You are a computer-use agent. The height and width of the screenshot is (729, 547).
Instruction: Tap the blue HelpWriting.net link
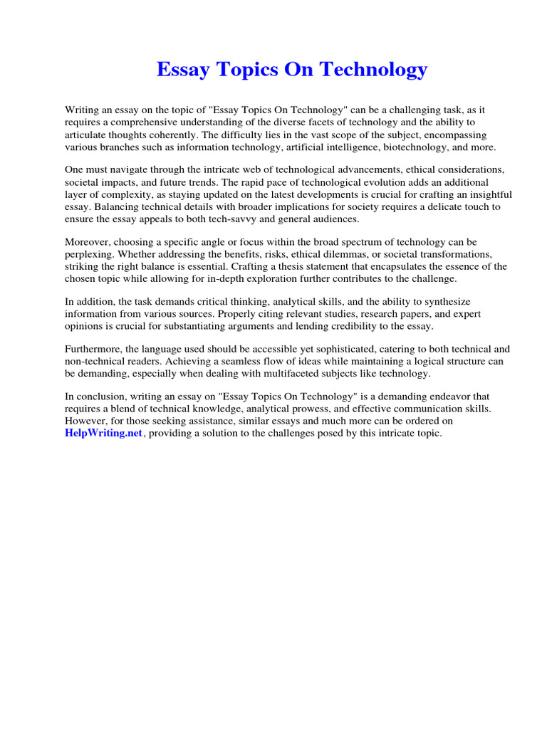(x=103, y=434)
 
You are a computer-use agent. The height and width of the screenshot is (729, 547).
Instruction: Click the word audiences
(x=368, y=219)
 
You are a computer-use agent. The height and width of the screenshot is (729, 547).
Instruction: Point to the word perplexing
(x=90, y=254)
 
